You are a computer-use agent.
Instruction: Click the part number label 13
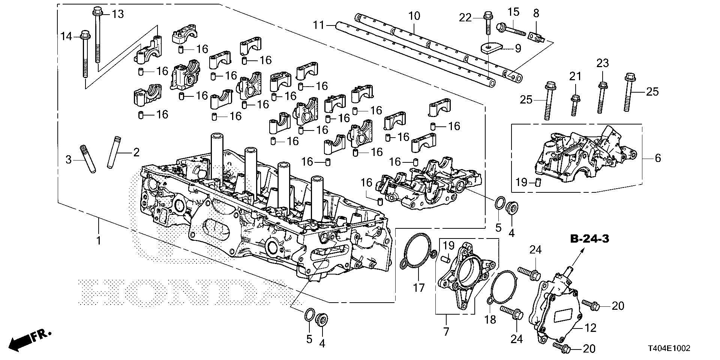click(118, 14)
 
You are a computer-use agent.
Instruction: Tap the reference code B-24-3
click(589, 240)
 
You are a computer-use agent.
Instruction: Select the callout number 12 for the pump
click(590, 328)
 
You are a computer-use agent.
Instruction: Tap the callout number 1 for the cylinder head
click(99, 240)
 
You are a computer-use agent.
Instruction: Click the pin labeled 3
click(87, 159)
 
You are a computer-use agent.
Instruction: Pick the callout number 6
click(658, 158)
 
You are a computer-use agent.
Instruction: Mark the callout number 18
click(490, 319)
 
